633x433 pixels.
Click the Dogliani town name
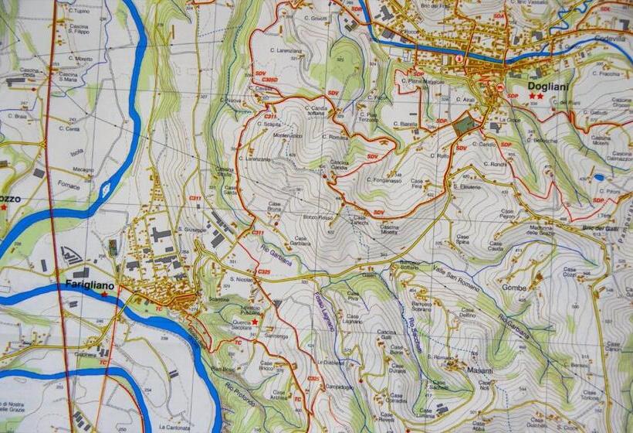tap(549, 87)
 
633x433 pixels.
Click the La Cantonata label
tap(175, 426)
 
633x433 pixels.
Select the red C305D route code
tap(269, 80)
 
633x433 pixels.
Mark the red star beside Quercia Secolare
tap(254, 322)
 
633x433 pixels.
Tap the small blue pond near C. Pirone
tap(599, 178)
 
